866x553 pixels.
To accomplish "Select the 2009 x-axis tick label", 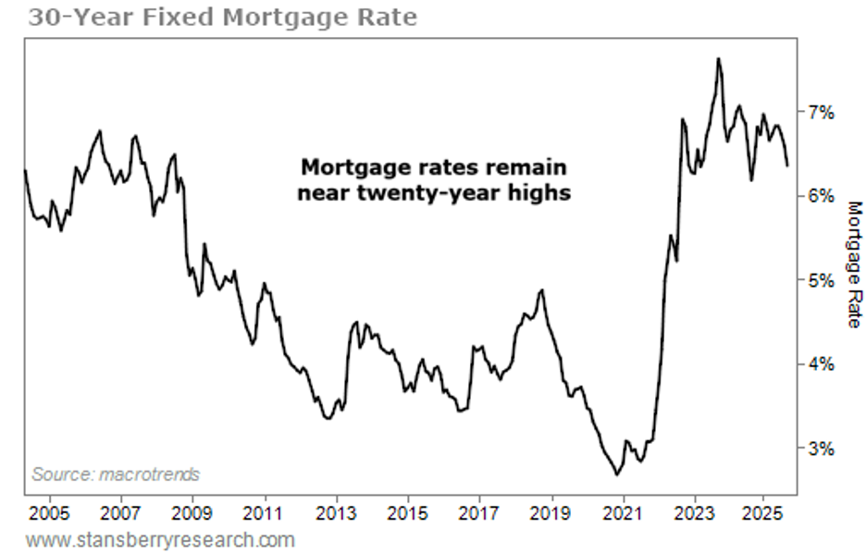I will pos(192,511).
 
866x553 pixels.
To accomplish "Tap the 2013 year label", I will pos(336,511).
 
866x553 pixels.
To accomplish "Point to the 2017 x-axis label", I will pos(479,511).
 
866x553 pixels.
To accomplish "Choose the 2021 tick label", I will pos(623,511).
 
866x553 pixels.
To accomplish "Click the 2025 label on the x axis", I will pos(765,511).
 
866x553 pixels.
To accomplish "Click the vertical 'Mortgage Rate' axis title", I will pos(853,264).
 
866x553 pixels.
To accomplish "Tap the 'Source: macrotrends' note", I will pos(116,474).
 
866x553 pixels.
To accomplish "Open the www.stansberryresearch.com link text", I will pos(160,539).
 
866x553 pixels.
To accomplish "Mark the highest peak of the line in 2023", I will pos(718,58).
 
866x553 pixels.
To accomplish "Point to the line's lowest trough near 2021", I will pos(617,474).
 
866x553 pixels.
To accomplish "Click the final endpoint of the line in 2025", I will pos(787,166).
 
